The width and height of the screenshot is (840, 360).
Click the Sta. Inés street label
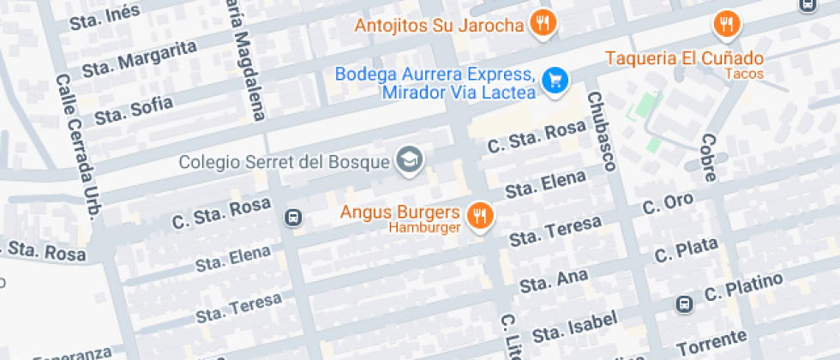click(x=104, y=16)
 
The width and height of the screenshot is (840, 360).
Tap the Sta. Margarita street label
click(x=140, y=57)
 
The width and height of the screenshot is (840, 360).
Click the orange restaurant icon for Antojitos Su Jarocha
click(x=542, y=23)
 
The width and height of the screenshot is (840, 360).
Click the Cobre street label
click(x=708, y=158)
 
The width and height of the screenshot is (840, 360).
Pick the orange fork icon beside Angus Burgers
click(x=479, y=214)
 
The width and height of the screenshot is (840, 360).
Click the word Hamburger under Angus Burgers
click(x=425, y=228)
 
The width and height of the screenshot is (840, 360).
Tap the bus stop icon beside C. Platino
click(x=685, y=303)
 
